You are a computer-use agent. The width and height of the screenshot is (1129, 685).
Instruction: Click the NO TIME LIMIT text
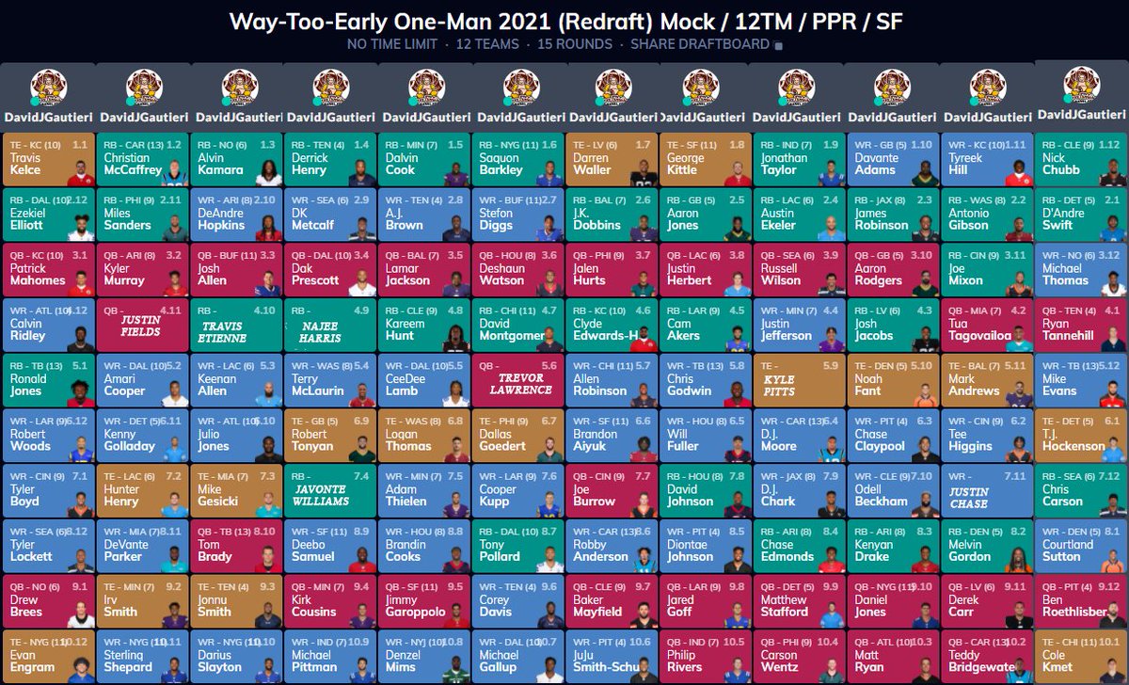[x=391, y=44]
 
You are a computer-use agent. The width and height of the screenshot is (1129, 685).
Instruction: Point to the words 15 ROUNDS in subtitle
[x=574, y=44]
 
